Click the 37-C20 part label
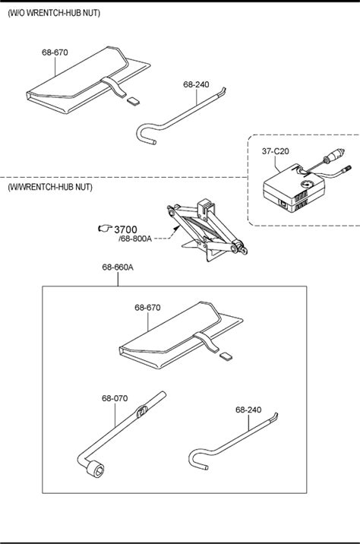tap(276, 151)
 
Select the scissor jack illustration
tap(207, 230)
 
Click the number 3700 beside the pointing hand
tap(125, 229)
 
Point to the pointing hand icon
tap(105, 228)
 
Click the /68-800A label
tap(135, 239)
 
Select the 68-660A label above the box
tap(118, 267)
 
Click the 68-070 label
tap(115, 398)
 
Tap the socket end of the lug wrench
tap(96, 470)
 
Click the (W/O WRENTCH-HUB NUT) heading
tap(54, 13)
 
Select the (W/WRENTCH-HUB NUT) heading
tap(50, 187)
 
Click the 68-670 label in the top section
tap(55, 52)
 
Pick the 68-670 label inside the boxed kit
tap(147, 308)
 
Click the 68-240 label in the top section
tap(196, 84)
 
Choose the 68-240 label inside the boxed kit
tap(248, 410)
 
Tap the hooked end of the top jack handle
tap(143, 133)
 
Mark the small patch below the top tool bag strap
tap(133, 101)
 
